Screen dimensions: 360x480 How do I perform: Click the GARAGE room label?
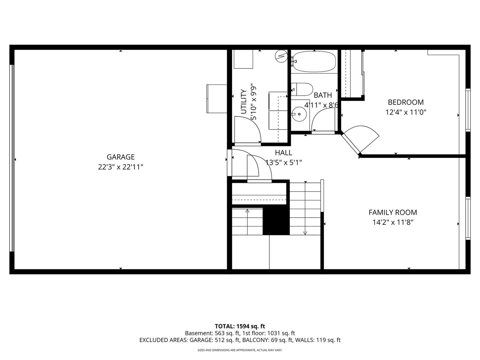point(120,157)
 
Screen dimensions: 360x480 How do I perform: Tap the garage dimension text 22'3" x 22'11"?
point(120,167)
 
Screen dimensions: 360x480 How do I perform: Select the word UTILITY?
point(244,101)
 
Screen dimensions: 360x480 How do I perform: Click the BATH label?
point(323,95)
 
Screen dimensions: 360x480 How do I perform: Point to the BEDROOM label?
point(406,102)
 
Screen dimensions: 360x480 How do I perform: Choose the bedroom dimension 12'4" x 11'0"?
point(406,112)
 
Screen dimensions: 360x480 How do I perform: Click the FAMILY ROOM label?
point(393,212)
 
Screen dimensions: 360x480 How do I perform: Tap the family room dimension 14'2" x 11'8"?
point(393,222)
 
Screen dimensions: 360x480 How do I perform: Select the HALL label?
point(283,153)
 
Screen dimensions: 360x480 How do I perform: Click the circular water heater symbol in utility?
point(281,56)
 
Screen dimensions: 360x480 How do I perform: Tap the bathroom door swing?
point(323,121)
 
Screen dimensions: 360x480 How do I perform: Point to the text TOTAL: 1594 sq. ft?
point(240,326)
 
